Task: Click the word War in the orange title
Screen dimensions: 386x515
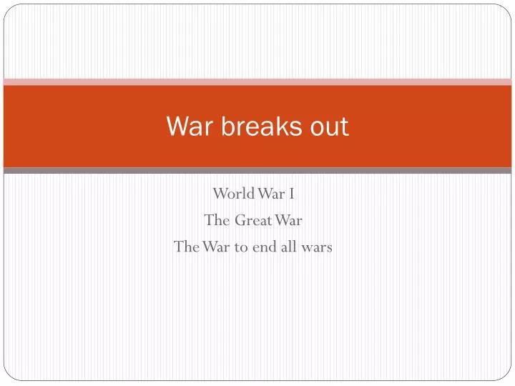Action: [x=187, y=127]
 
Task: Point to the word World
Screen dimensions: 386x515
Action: [x=231, y=194]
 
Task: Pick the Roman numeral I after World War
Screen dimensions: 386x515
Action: [x=292, y=194]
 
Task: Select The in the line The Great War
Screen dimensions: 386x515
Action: [x=217, y=220]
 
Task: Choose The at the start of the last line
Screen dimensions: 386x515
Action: [x=187, y=247]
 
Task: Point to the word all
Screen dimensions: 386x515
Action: [x=290, y=247]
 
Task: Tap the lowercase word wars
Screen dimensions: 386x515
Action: [x=318, y=247]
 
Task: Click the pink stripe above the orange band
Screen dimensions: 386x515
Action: [x=257, y=81]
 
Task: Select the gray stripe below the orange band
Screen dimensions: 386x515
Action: [x=257, y=171]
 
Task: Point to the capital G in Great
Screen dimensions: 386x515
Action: [x=240, y=220]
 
